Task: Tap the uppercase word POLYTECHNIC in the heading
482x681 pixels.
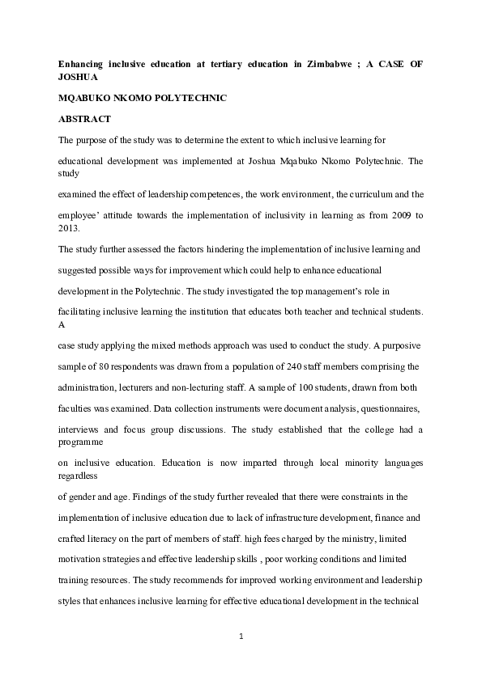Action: (x=187, y=98)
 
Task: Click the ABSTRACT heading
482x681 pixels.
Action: (x=84, y=119)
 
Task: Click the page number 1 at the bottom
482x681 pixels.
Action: (x=241, y=636)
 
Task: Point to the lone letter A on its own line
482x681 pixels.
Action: (x=62, y=324)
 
